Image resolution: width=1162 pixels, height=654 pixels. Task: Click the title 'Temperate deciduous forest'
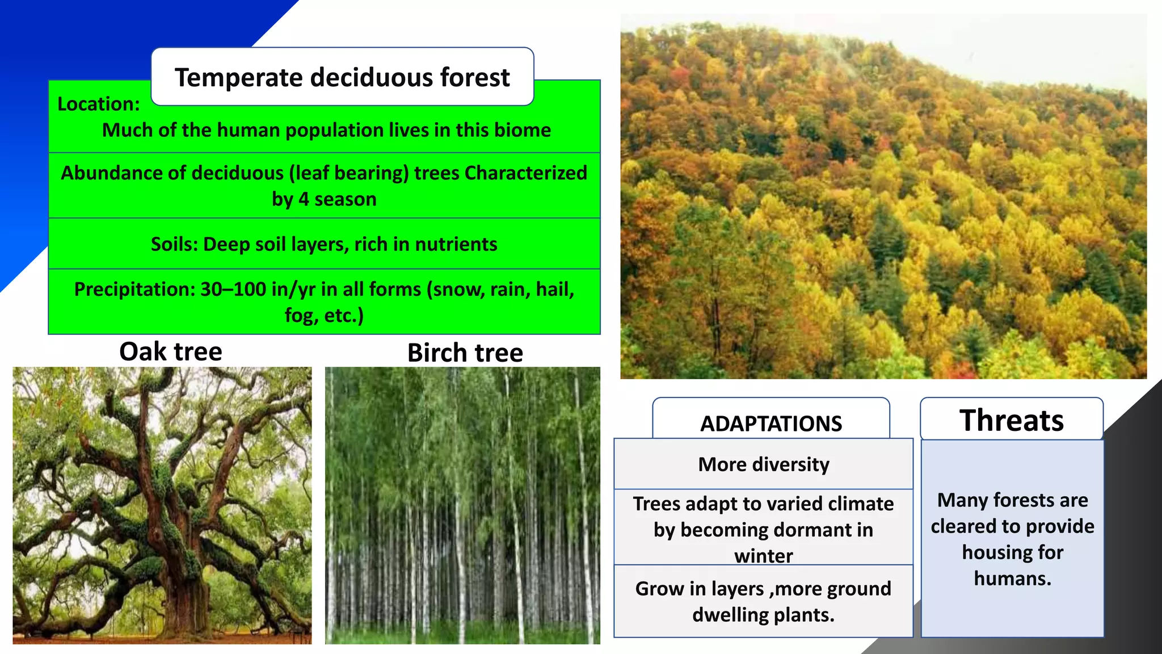coord(342,77)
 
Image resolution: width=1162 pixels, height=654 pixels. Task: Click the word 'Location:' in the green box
coord(98,104)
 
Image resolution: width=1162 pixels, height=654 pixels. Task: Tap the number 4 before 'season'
coord(304,199)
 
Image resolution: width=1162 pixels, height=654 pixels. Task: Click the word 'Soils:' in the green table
coord(174,244)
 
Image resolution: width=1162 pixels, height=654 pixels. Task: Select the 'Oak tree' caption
coord(170,351)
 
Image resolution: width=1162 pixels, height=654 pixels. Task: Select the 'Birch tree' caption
coord(465,353)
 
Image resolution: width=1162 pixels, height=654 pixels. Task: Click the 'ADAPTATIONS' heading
coord(771,424)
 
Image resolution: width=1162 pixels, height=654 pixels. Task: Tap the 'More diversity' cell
coord(763,464)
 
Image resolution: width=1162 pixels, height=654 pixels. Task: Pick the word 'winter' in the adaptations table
coord(763,556)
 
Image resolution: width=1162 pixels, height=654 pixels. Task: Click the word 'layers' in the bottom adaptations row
coord(738,589)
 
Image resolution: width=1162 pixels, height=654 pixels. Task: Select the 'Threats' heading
coord(1011,421)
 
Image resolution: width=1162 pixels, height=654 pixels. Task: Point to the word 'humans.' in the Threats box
coord(1012,578)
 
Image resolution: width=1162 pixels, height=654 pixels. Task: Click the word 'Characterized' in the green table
coord(525,173)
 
